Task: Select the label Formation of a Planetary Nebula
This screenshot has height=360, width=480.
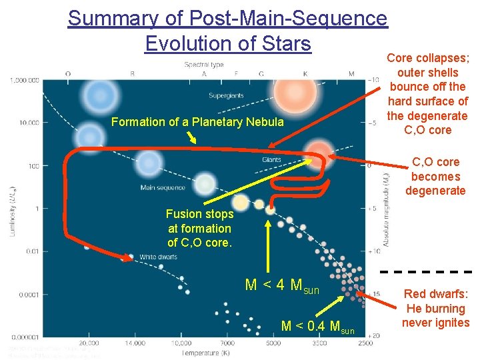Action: (x=197, y=122)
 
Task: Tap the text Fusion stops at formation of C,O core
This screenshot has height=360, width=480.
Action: (x=200, y=229)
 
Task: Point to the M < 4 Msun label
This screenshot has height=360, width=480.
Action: (x=282, y=286)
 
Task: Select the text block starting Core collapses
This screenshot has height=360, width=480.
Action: (x=427, y=94)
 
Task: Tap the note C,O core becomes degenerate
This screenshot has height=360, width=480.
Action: (x=435, y=177)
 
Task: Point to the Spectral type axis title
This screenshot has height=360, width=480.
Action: (x=204, y=65)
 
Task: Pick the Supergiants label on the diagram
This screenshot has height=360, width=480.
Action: (x=225, y=95)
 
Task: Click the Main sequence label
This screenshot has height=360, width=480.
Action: (x=163, y=188)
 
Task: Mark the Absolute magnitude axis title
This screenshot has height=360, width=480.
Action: (x=385, y=207)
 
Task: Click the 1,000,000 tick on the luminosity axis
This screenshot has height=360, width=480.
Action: (x=25, y=80)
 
